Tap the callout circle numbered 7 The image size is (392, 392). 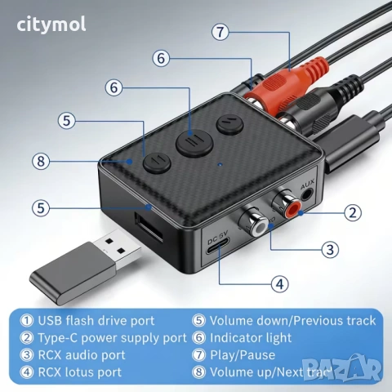(218, 33)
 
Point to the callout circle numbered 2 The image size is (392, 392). (352, 213)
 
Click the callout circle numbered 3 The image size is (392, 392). (329, 249)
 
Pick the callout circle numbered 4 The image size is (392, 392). (279, 285)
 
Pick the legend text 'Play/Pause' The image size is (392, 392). (243, 354)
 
